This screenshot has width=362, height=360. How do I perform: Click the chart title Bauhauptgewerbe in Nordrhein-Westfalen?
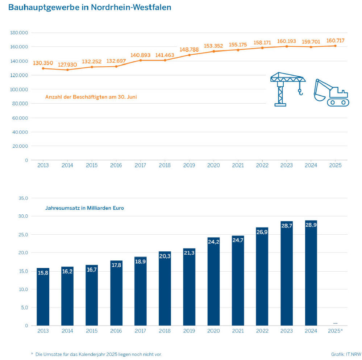90,7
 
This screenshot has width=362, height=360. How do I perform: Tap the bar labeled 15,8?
43,297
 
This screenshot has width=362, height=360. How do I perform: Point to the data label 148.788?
189,50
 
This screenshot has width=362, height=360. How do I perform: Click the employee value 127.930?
67,64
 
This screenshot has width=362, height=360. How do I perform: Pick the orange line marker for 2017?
140,60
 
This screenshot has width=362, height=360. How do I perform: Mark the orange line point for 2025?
335,46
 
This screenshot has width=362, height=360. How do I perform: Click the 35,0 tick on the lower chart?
22,198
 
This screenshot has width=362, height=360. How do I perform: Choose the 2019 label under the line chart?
189,166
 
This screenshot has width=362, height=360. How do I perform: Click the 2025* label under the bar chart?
335,331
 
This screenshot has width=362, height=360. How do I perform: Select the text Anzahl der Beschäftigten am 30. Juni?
91,97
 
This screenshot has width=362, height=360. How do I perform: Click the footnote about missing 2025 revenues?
101,354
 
